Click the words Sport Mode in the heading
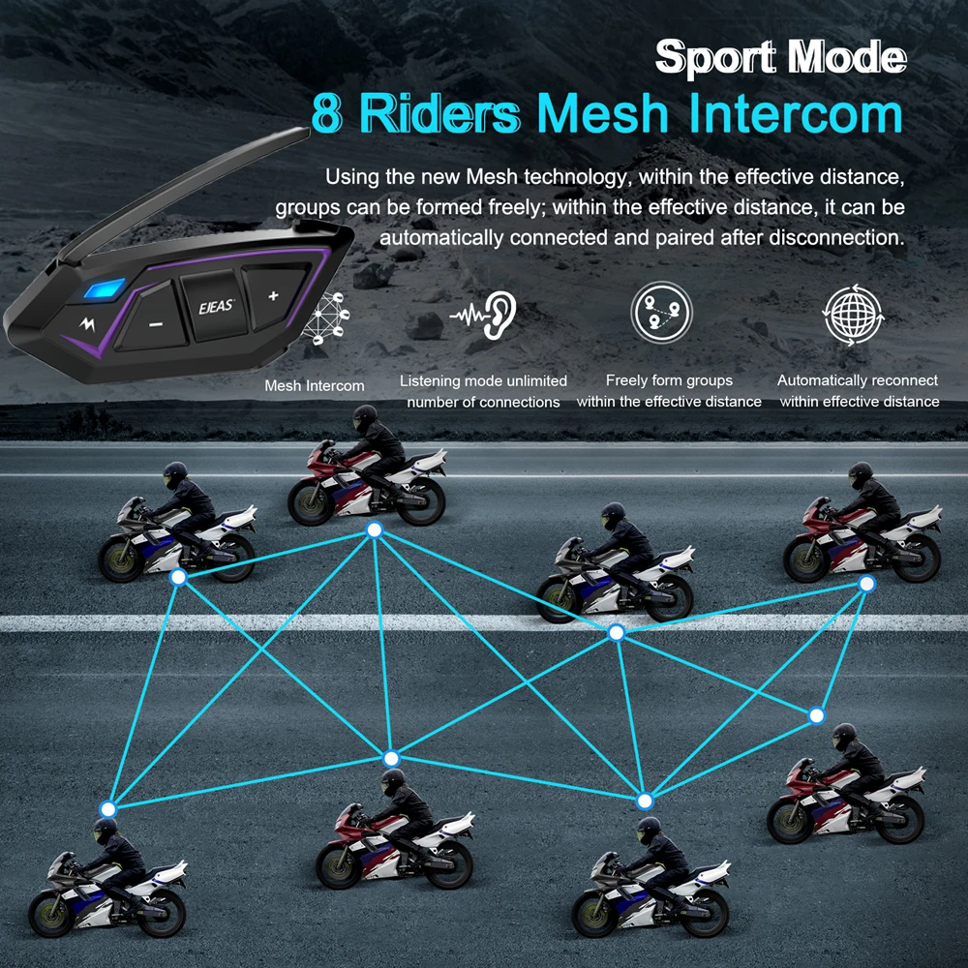point(780,58)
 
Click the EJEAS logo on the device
point(209,308)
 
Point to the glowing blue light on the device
point(105,289)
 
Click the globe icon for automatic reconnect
point(853,315)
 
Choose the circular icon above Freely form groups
point(661,313)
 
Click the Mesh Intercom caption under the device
point(315,386)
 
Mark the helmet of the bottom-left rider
point(105,831)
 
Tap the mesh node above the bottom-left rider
point(108,808)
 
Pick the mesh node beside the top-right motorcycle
point(866,584)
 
